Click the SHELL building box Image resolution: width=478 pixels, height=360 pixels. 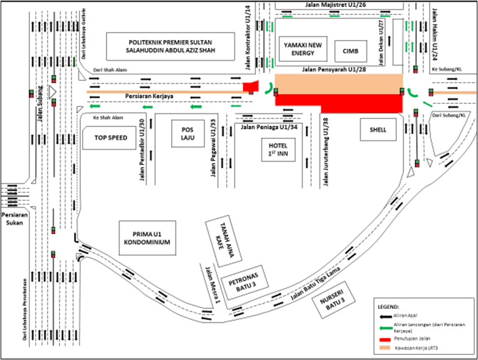pos(378,130)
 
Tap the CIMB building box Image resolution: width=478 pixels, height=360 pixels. pos(348,49)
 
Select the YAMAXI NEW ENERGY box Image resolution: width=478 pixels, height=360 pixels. pos(303,49)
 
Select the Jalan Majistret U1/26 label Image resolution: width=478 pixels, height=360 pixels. pos(330,5)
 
